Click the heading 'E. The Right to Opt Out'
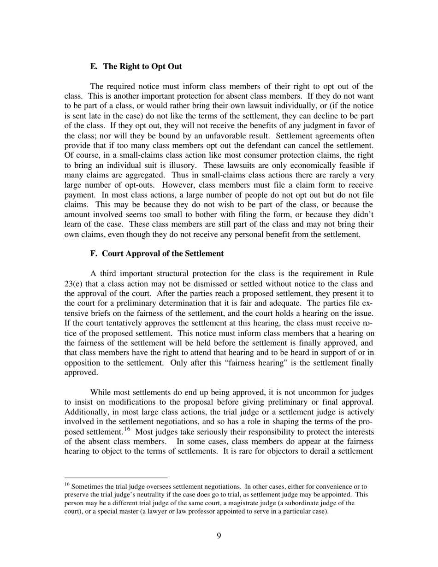(x=136, y=66)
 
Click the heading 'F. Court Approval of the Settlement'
(x=157, y=254)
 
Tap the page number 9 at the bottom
(x=219, y=536)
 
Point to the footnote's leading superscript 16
(x=67, y=484)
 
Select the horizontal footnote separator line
(x=116, y=478)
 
